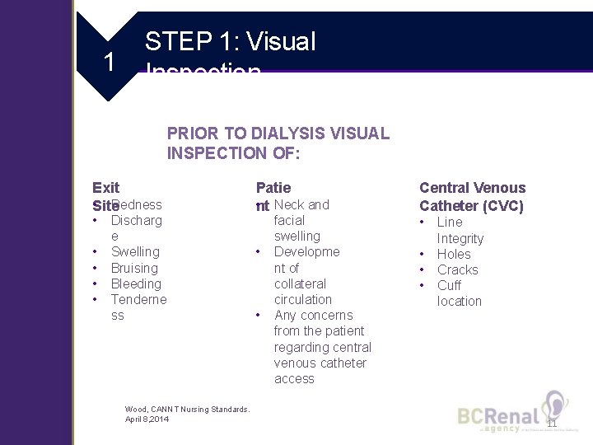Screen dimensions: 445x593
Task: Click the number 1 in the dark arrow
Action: (x=108, y=61)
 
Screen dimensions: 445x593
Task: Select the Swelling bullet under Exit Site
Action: (x=135, y=252)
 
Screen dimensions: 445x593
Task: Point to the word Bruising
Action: (x=133, y=268)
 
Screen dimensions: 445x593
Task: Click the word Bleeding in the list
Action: (x=136, y=283)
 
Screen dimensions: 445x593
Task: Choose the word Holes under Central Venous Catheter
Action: (x=454, y=254)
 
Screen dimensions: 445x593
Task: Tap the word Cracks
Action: (x=457, y=269)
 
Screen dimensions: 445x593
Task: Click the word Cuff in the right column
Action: (x=449, y=285)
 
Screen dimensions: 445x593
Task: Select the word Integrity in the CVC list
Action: (x=460, y=238)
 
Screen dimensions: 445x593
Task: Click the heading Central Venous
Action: (x=472, y=188)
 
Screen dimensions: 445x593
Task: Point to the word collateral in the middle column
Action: (x=300, y=283)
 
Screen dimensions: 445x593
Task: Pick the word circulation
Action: (x=302, y=299)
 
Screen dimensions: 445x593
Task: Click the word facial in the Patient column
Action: (x=288, y=220)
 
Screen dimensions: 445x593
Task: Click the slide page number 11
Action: (x=552, y=423)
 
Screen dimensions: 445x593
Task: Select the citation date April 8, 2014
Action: (x=146, y=419)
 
